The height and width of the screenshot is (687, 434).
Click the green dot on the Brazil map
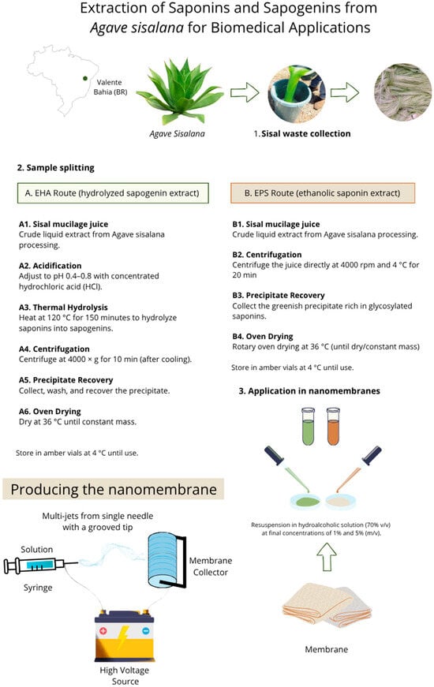[85, 78]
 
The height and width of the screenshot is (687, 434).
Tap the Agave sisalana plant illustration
[180, 91]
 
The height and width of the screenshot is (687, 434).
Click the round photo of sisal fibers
[403, 92]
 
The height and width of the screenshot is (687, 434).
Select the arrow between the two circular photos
[345, 92]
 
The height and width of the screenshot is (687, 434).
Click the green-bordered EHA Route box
[113, 192]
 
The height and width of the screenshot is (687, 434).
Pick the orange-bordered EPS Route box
[323, 192]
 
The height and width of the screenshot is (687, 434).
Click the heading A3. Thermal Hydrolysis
[63, 308]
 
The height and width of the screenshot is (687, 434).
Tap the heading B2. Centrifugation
[267, 255]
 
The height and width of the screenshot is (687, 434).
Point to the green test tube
[309, 426]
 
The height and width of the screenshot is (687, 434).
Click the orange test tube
[333, 426]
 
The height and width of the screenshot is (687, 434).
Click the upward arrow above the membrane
[327, 556]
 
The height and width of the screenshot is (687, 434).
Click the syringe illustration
[40, 566]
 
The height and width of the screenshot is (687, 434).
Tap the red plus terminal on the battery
[103, 631]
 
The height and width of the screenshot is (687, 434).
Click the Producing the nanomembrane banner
[114, 489]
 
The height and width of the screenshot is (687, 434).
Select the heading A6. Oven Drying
[50, 412]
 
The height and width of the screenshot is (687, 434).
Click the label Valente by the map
[109, 82]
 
